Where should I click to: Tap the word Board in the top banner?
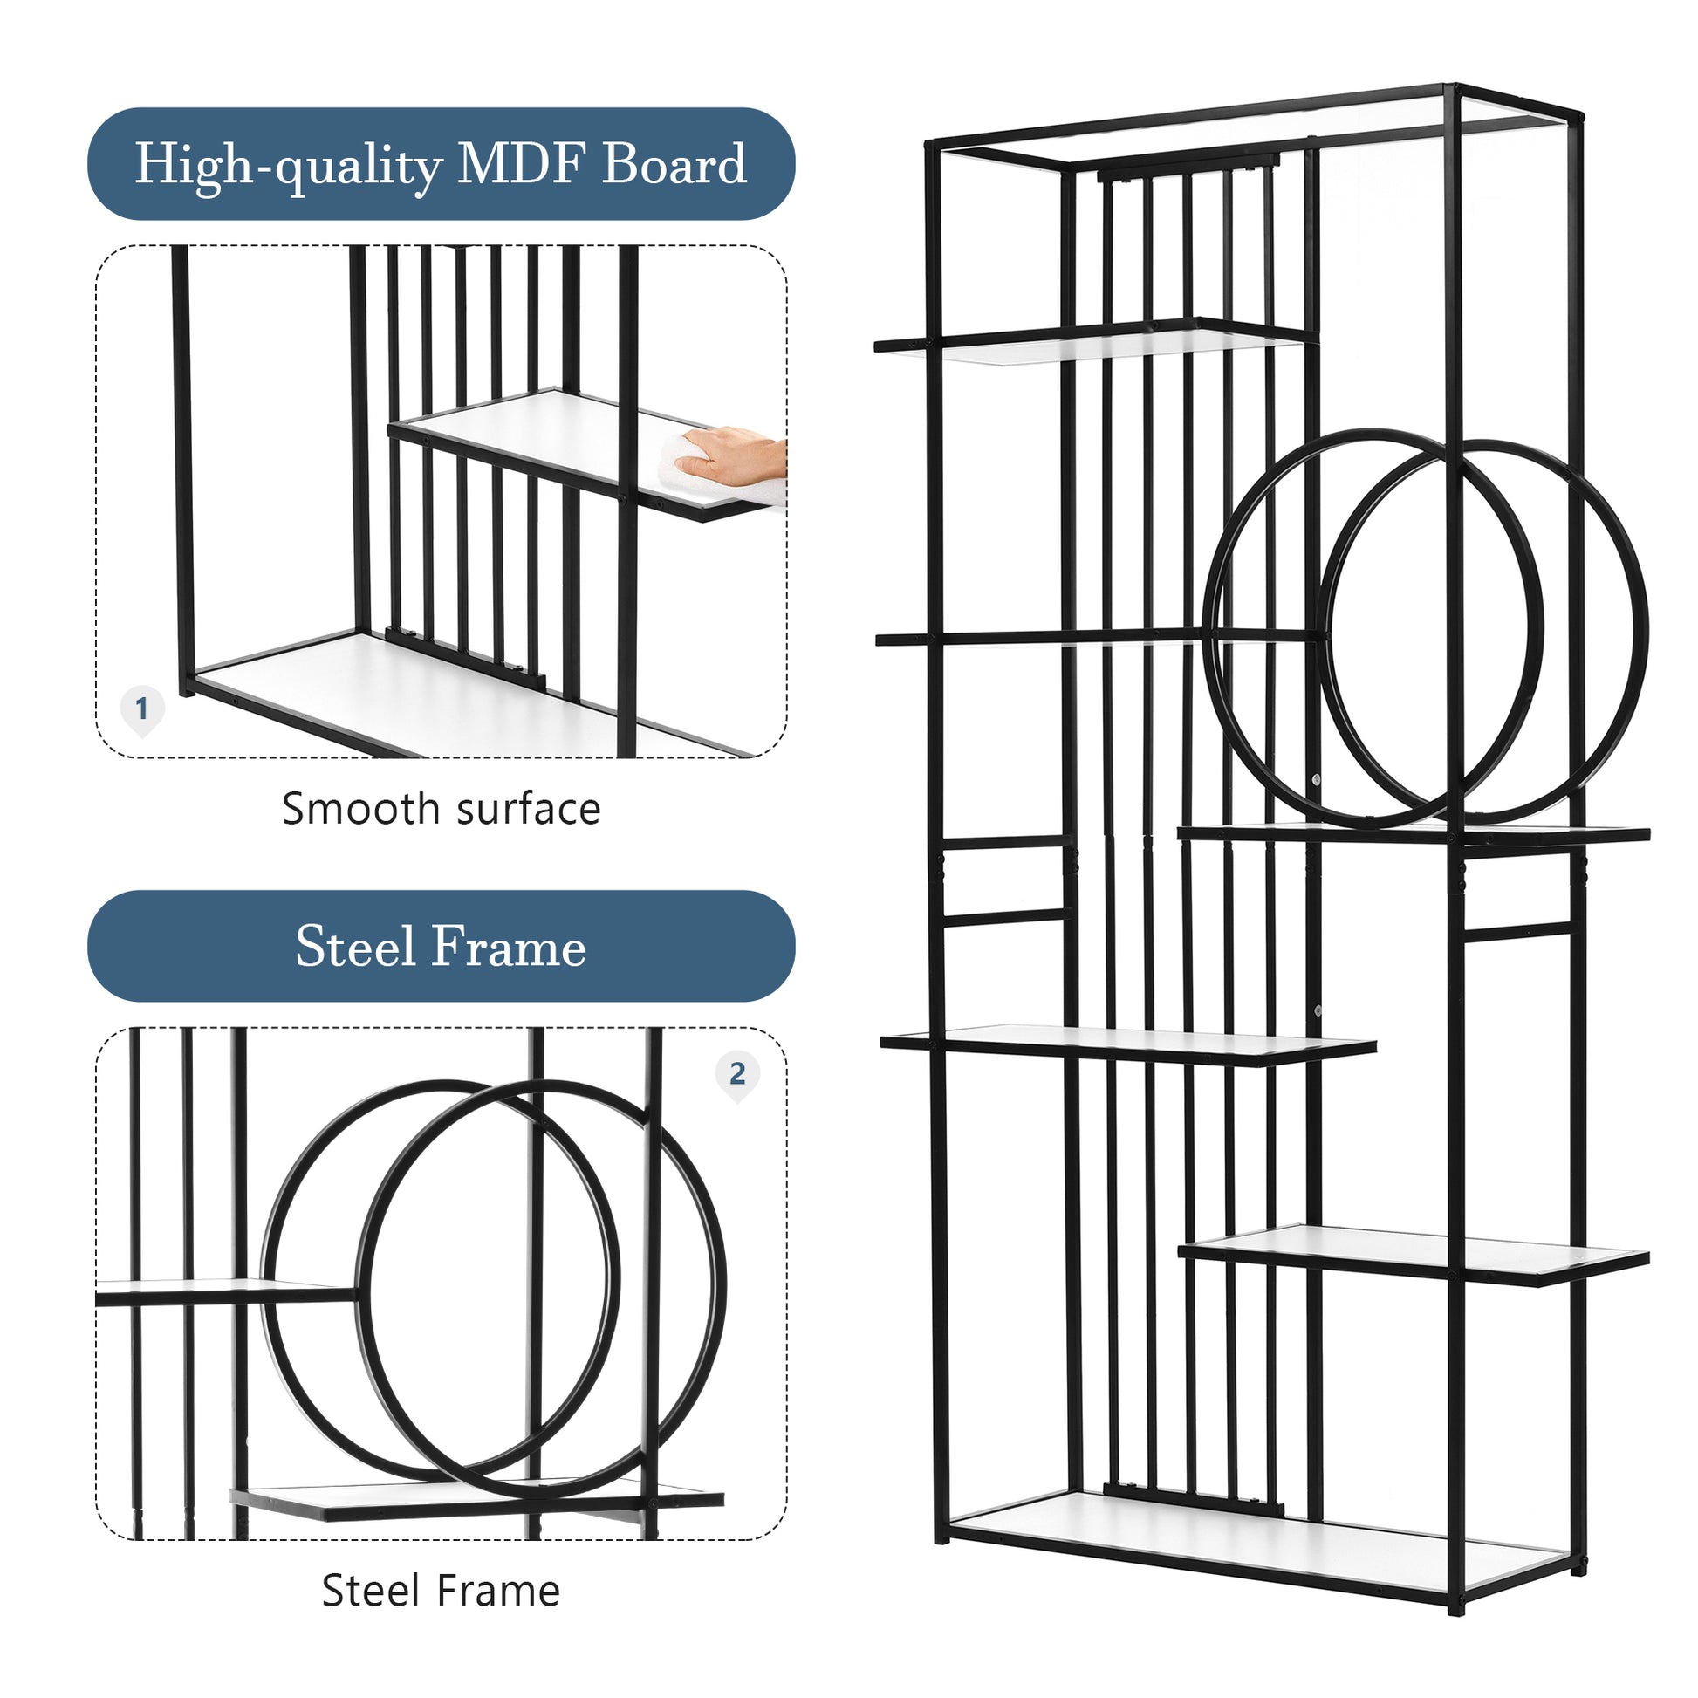(674, 163)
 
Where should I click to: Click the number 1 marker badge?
(141, 709)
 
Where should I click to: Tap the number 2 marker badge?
(737, 1073)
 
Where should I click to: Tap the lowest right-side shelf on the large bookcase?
(1414, 1254)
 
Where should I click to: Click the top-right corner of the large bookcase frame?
(1580, 115)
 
